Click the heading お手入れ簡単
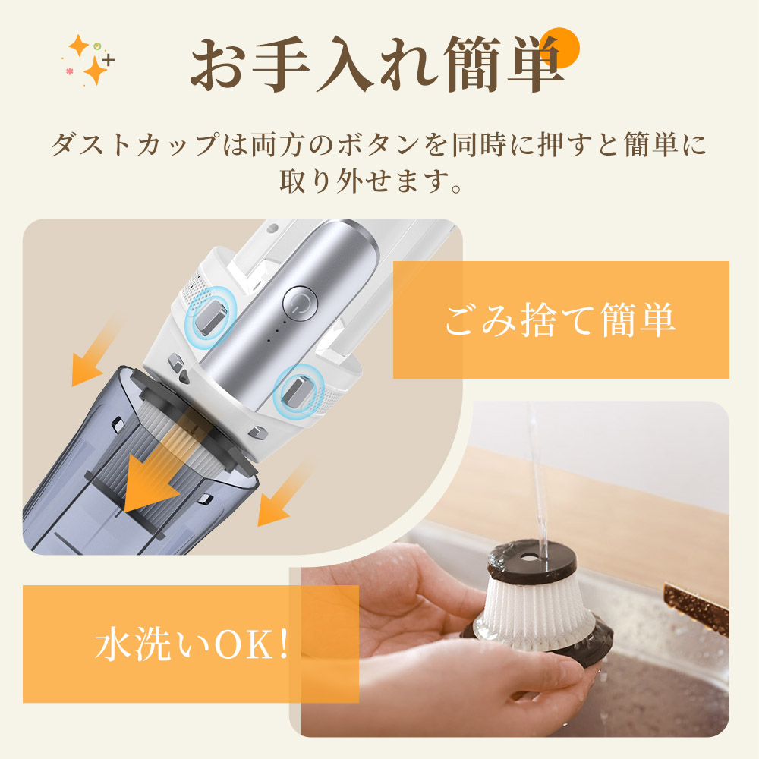376,64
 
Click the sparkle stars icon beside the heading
89,60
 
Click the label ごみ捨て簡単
560,320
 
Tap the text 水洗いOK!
192,644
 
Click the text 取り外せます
363,181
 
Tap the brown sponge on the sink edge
697,607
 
